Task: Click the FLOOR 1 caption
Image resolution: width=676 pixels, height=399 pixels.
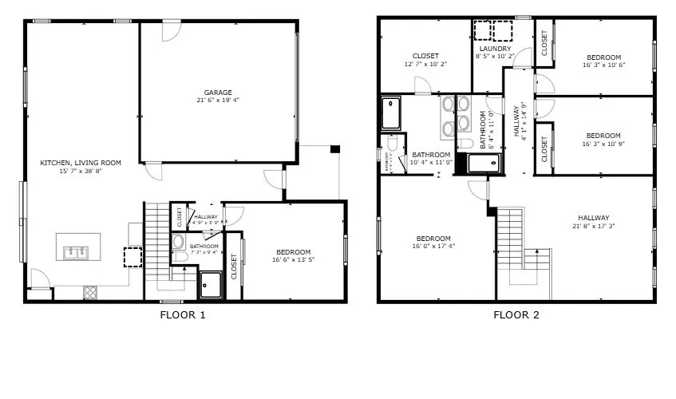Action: pyautogui.click(x=183, y=314)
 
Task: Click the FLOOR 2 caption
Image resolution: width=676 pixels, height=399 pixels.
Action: pyautogui.click(x=516, y=314)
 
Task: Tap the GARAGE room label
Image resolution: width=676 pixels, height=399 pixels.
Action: pyautogui.click(x=218, y=93)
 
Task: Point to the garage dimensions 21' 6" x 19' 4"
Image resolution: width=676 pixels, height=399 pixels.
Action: pyautogui.click(x=218, y=101)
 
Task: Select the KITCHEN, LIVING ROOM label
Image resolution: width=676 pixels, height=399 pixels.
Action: pyautogui.click(x=81, y=163)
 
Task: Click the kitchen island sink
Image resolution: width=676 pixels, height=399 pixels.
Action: pyautogui.click(x=78, y=251)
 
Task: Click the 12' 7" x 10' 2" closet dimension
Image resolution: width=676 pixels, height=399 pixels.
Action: pyautogui.click(x=425, y=64)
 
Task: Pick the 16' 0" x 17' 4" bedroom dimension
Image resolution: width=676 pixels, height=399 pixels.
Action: pyautogui.click(x=433, y=247)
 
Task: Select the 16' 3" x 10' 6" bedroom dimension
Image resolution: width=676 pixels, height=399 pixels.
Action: pyautogui.click(x=603, y=65)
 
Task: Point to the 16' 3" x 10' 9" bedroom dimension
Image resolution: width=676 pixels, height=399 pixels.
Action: pyautogui.click(x=603, y=144)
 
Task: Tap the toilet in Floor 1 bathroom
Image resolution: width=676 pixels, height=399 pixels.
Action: pyautogui.click(x=178, y=242)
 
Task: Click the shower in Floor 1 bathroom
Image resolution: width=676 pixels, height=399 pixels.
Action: pyautogui.click(x=211, y=284)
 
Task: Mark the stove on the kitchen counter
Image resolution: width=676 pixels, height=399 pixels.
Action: pyautogui.click(x=89, y=293)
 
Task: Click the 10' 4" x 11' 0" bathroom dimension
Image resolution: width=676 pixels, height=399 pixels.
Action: pyautogui.click(x=431, y=163)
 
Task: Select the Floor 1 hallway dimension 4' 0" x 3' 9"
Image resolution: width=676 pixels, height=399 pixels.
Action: pyautogui.click(x=205, y=223)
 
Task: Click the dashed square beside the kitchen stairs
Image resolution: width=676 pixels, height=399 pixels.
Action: pyautogui.click(x=132, y=259)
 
